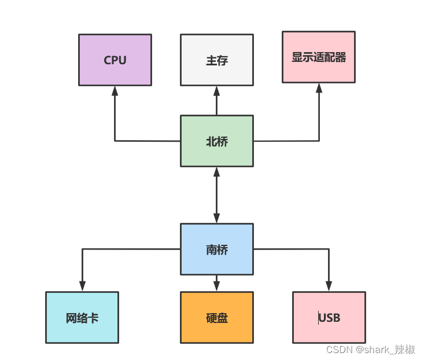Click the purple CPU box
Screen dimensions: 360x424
click(x=115, y=60)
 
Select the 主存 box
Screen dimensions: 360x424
click(x=216, y=60)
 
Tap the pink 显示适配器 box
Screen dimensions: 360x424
click(x=318, y=57)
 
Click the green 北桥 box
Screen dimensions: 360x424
click(x=216, y=141)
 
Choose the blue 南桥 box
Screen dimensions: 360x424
click(x=216, y=249)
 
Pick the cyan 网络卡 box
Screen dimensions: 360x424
click(x=82, y=317)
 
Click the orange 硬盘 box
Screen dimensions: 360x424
click(x=216, y=317)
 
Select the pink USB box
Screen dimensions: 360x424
click(x=329, y=317)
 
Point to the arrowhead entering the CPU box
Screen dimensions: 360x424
click(x=115, y=90)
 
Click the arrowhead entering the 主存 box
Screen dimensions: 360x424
click(x=216, y=90)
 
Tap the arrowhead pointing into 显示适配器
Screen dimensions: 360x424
click(x=318, y=87)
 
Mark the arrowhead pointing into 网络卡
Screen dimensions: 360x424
click(x=82, y=286)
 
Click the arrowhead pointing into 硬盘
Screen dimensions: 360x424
click(x=216, y=286)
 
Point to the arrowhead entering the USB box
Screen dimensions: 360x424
click(x=329, y=286)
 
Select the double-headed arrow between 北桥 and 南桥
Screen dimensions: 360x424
click(x=216, y=195)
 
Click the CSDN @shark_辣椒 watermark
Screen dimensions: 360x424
click(x=370, y=350)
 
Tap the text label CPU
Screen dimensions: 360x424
click(x=115, y=60)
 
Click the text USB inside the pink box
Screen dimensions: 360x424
click(x=329, y=318)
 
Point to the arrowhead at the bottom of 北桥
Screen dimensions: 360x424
click(x=216, y=172)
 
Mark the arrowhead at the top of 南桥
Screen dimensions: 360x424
click(x=216, y=218)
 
